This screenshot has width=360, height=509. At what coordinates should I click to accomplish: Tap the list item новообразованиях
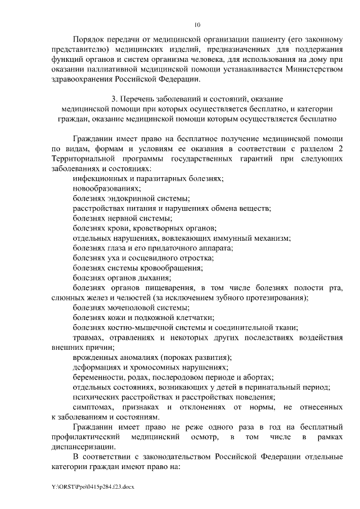(x=107, y=188)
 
